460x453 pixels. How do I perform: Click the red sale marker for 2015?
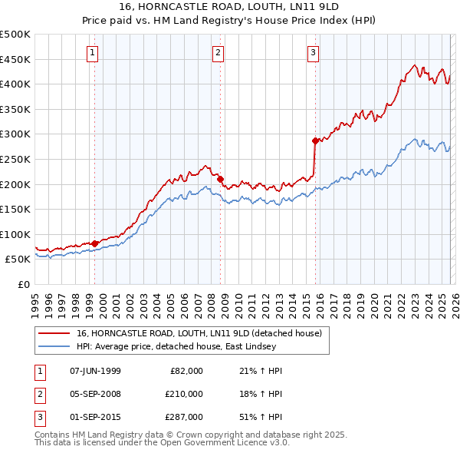point(315,141)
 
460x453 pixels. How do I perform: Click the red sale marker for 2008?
point(221,179)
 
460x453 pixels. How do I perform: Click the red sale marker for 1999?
point(95,243)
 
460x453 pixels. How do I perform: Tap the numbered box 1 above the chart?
point(92,53)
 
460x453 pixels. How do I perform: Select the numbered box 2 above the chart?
point(218,53)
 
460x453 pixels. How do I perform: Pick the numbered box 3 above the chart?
point(313,53)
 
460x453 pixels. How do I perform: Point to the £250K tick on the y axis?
point(15,159)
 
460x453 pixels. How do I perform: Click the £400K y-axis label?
point(15,84)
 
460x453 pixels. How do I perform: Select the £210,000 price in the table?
point(184,394)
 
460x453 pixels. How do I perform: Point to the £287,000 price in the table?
point(184,417)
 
